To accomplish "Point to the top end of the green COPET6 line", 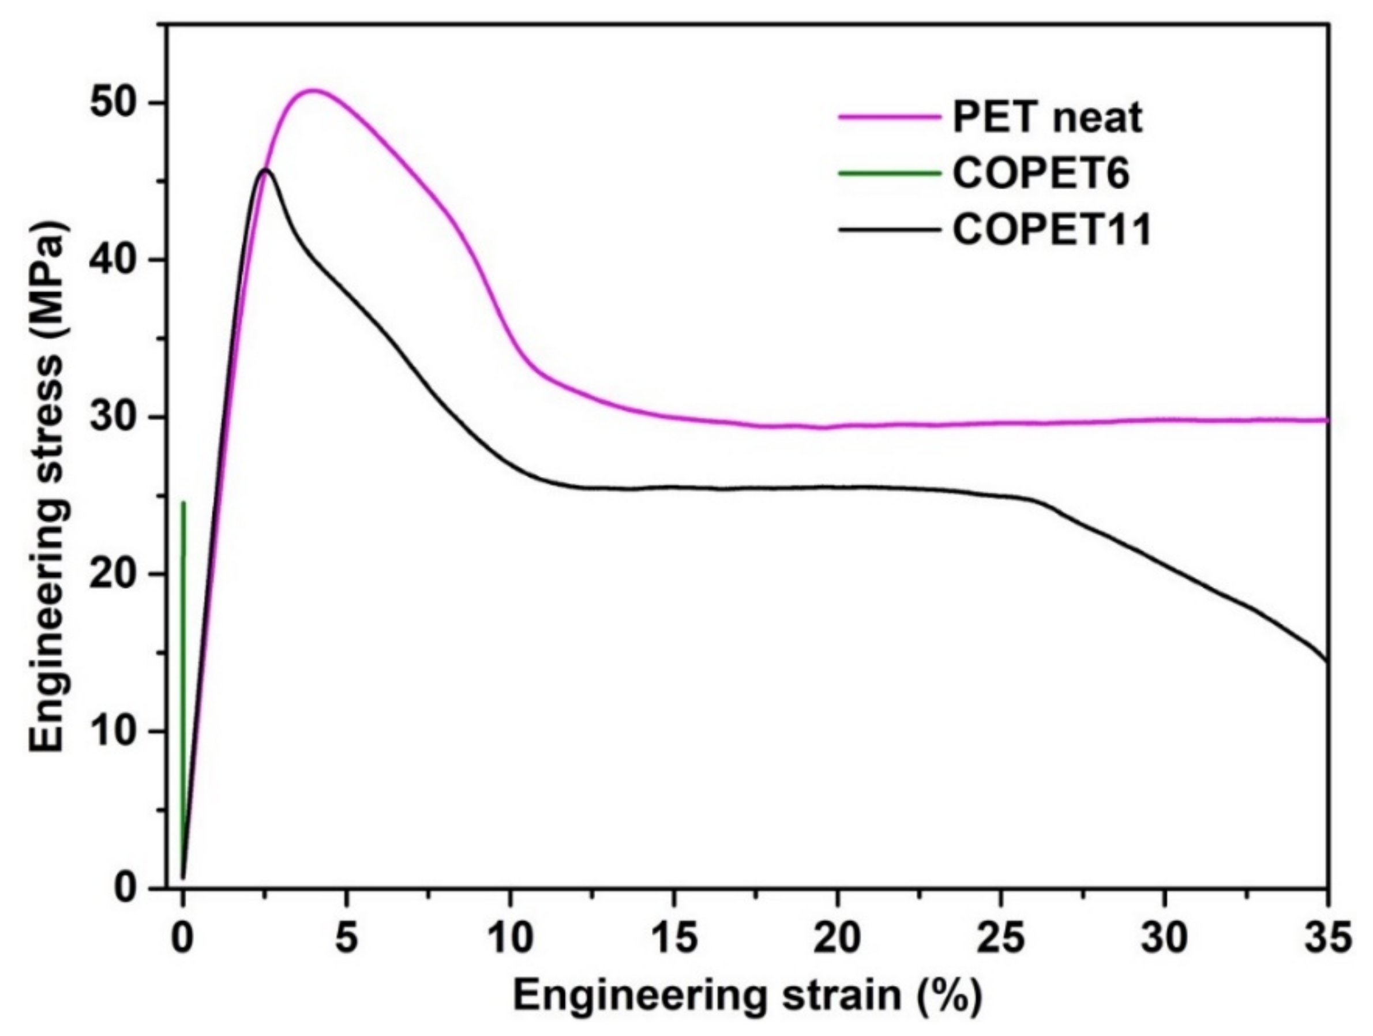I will (x=183, y=503).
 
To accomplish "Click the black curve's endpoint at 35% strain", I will (x=1327, y=660).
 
